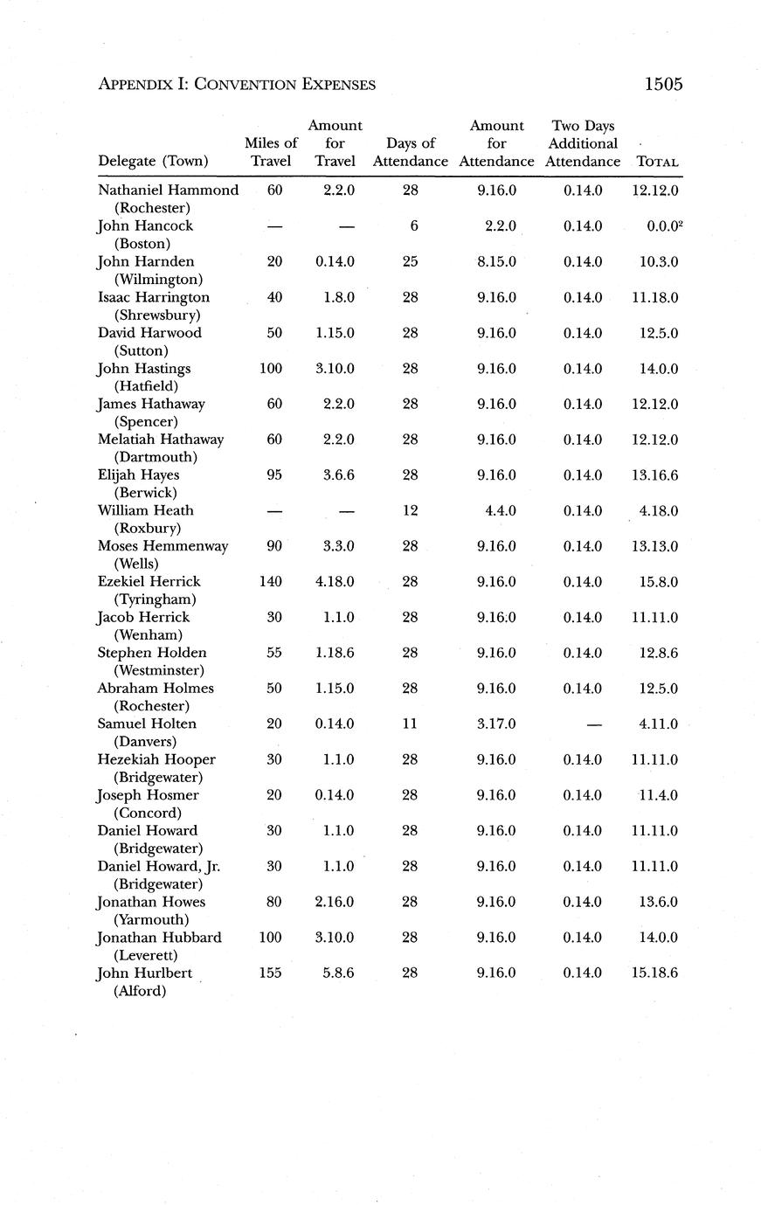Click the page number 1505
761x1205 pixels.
(x=662, y=84)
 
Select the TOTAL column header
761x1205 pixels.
(x=658, y=162)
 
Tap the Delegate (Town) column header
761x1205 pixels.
(x=153, y=161)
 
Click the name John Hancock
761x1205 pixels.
(x=145, y=225)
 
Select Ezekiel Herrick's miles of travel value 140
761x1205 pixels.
(x=271, y=582)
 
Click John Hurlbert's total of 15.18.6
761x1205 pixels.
(x=654, y=973)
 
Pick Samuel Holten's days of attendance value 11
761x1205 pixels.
(x=410, y=724)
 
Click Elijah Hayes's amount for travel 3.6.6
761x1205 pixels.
(x=335, y=475)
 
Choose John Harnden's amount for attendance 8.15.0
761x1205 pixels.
(x=496, y=261)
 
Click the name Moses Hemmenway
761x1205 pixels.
(x=163, y=546)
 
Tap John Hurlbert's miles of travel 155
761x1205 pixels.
(x=271, y=973)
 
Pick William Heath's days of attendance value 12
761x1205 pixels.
(x=410, y=511)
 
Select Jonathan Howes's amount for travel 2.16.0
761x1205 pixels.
(x=335, y=902)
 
